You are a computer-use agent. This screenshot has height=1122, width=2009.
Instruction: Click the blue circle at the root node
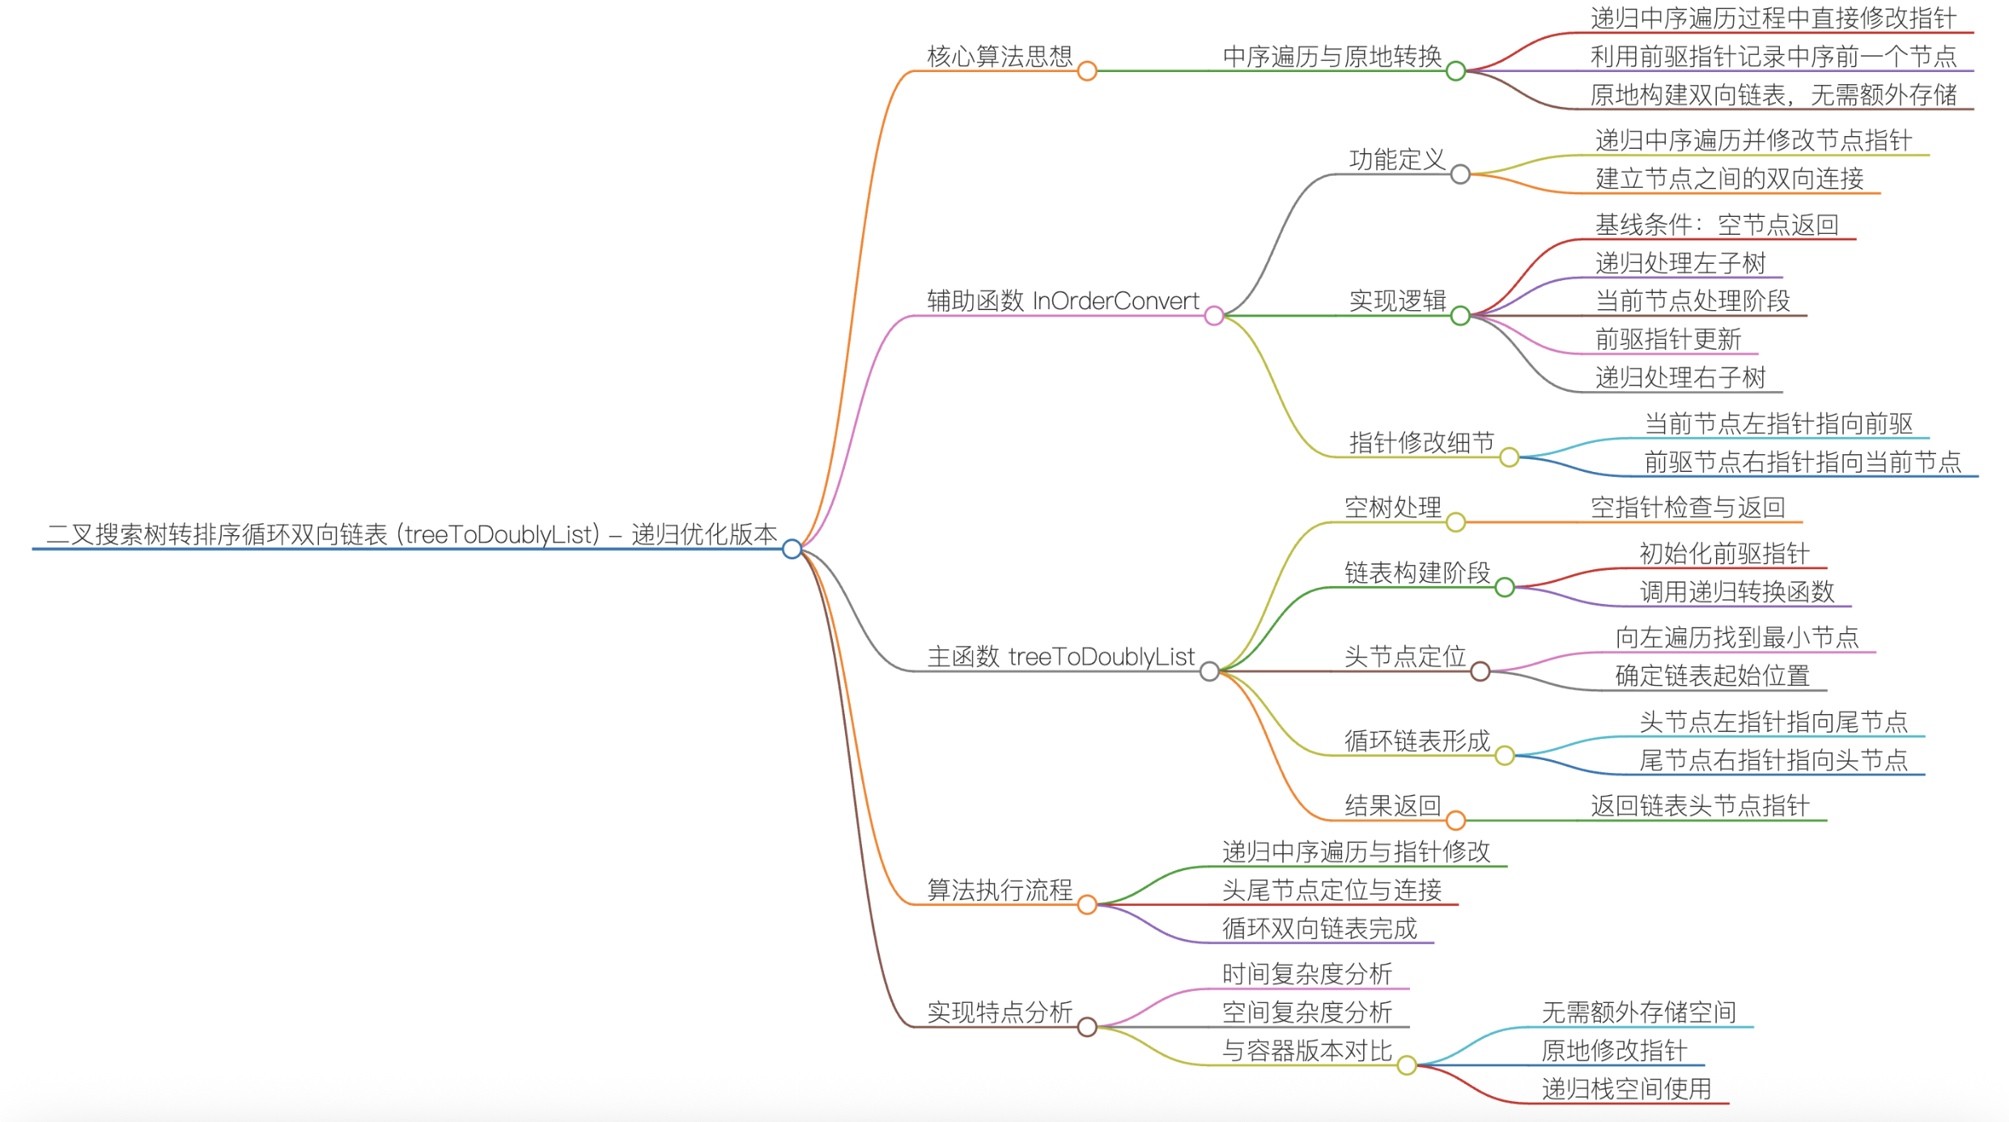pyautogui.click(x=792, y=549)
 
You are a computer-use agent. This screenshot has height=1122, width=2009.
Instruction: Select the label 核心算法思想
pyautogui.click(x=999, y=57)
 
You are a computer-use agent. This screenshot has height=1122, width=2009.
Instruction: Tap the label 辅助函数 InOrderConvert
pyautogui.click(x=1062, y=301)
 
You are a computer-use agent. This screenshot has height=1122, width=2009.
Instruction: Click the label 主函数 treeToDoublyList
pyautogui.click(x=1060, y=657)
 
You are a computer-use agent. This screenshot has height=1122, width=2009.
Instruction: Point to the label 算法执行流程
pyautogui.click(x=999, y=890)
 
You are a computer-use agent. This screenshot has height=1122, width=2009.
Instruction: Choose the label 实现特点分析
pyautogui.click(x=999, y=1012)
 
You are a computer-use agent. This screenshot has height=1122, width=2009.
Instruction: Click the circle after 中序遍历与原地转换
pyautogui.click(x=1455, y=71)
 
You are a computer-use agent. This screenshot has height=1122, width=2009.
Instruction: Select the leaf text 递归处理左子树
pyautogui.click(x=1680, y=263)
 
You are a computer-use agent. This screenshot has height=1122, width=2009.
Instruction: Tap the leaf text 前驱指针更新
pyautogui.click(x=1667, y=339)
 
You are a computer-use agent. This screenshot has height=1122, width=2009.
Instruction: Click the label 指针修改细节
pyautogui.click(x=1421, y=443)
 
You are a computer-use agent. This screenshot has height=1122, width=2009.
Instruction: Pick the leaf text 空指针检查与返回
pyautogui.click(x=1688, y=508)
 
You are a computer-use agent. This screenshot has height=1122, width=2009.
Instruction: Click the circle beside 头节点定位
pyautogui.click(x=1480, y=671)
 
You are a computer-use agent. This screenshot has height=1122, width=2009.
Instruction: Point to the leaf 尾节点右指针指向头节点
pyautogui.click(x=1773, y=760)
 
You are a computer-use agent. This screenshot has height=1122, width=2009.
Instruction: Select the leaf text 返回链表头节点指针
pyautogui.click(x=1700, y=805)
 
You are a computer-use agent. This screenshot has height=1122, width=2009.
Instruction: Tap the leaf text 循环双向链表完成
pyautogui.click(x=1319, y=929)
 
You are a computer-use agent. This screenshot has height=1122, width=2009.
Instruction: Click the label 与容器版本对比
pyautogui.click(x=1306, y=1051)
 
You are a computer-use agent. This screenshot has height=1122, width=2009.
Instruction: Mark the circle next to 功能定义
pyautogui.click(x=1460, y=174)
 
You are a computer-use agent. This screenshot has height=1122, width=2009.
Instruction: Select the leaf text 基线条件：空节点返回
pyautogui.click(x=1716, y=225)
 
